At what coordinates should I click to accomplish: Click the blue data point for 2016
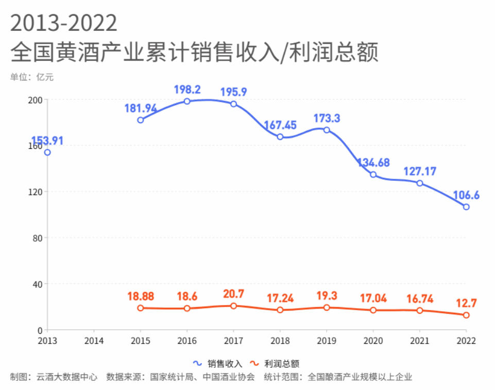coord(187,101)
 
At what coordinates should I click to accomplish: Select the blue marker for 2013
coord(47,152)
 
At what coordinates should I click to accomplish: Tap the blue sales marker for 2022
coord(466,207)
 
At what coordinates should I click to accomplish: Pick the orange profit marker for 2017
coord(233,306)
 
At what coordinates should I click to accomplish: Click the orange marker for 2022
coord(466,315)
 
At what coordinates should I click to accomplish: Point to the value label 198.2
coord(187,90)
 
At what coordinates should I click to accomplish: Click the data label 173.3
coord(327,118)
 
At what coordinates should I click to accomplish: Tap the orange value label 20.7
coord(233,294)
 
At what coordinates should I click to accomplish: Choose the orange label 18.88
coord(141,297)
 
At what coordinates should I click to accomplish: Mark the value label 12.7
coord(466,303)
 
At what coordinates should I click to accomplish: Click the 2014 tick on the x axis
coord(94,341)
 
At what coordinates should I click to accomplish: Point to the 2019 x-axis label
coord(327,341)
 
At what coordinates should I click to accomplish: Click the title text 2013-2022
coord(64,23)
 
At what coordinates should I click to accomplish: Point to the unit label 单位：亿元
coord(31,78)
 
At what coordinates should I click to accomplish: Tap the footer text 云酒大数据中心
coord(67,377)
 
